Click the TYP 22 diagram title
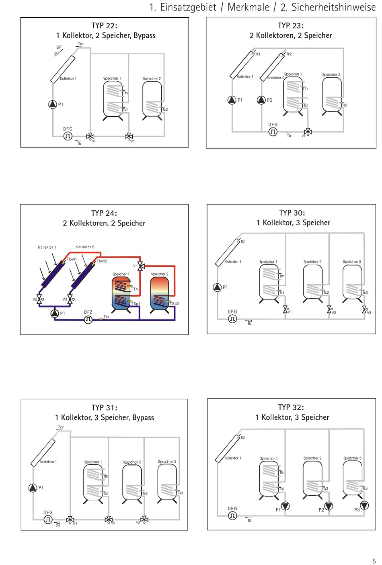click(105, 25)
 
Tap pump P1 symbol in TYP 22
click(53, 104)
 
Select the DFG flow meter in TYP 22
click(68, 136)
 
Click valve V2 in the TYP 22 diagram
click(129, 136)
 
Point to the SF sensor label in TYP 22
click(59, 47)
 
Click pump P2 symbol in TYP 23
click(261, 100)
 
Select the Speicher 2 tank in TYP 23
click(332, 95)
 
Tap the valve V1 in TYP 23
click(308, 132)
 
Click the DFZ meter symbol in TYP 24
click(88, 320)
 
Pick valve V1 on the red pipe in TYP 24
click(141, 266)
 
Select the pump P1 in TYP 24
click(55, 313)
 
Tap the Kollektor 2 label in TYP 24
click(85, 247)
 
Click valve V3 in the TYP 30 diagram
click(364, 309)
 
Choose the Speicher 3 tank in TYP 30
click(352, 282)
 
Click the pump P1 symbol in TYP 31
click(33, 488)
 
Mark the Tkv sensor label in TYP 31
click(61, 427)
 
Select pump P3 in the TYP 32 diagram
click(364, 505)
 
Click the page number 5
click(374, 561)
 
